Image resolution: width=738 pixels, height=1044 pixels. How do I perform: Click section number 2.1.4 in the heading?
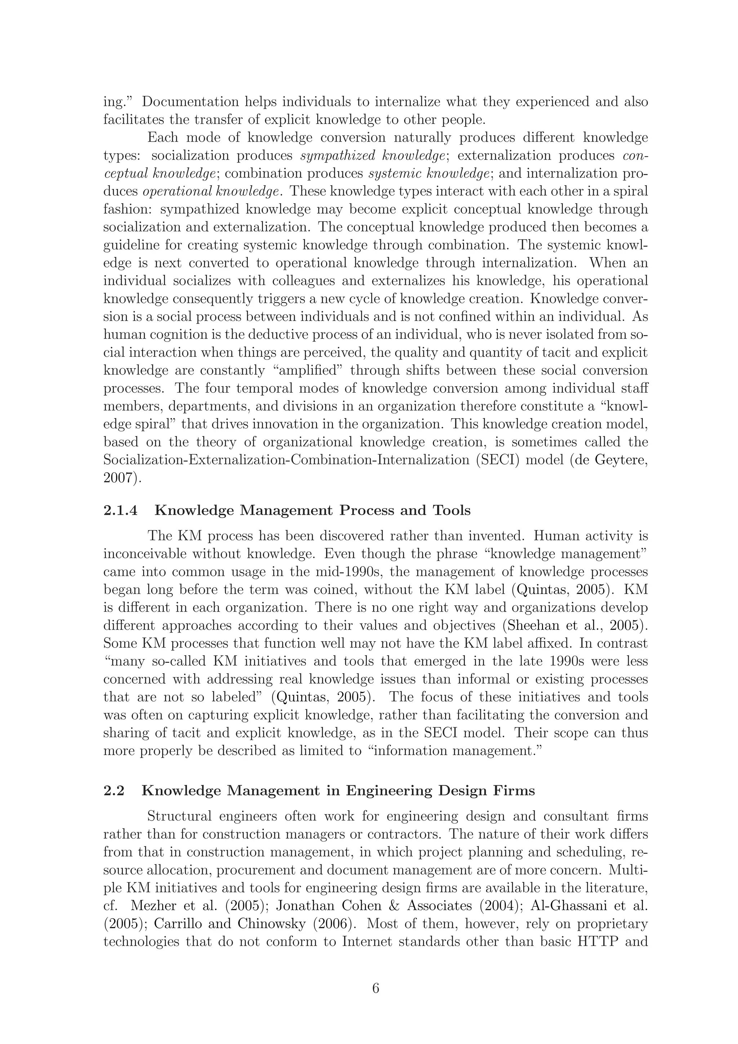pos(120,510)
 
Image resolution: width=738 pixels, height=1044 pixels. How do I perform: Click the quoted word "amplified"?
pos(308,371)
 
